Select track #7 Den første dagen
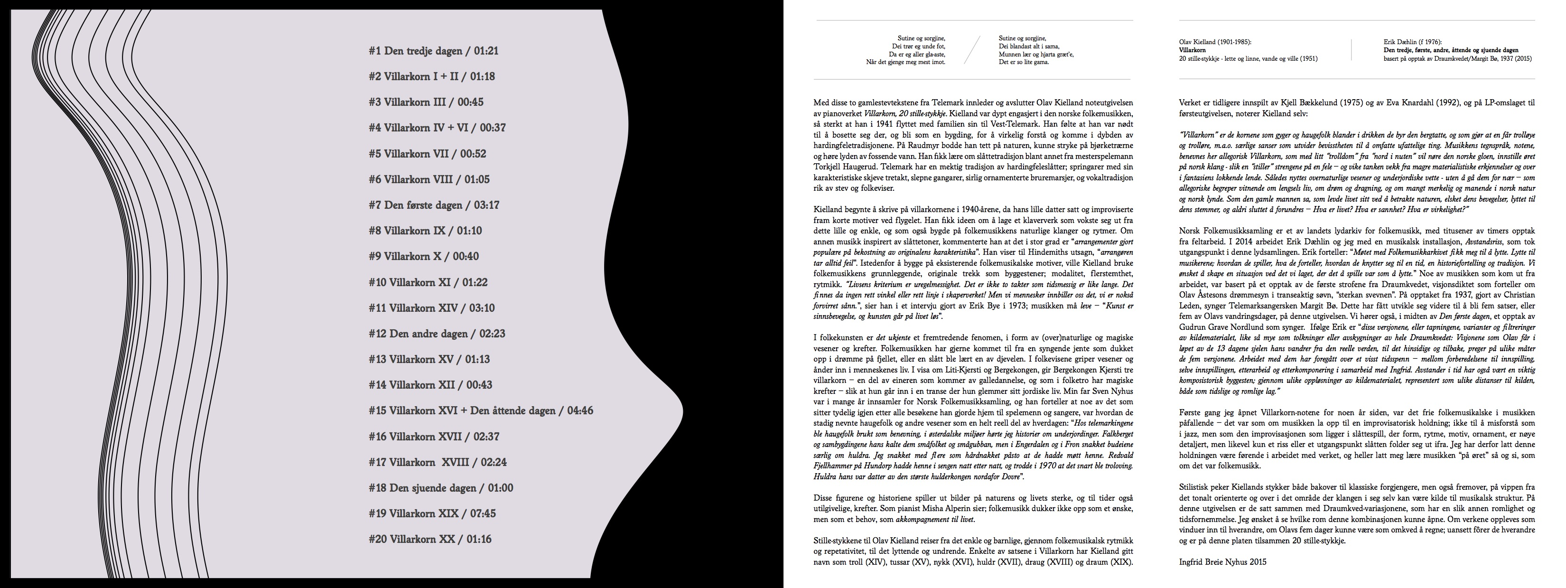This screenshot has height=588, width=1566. [433, 205]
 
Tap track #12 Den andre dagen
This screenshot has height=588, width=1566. [437, 334]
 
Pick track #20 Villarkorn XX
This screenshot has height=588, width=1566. [430, 539]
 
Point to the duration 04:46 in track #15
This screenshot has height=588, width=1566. [580, 411]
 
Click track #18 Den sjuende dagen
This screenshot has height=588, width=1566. [441, 488]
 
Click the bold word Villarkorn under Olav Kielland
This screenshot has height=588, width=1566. [1192, 50]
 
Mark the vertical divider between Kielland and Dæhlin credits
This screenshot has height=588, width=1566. [1351, 50]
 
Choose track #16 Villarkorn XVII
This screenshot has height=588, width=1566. [433, 437]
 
